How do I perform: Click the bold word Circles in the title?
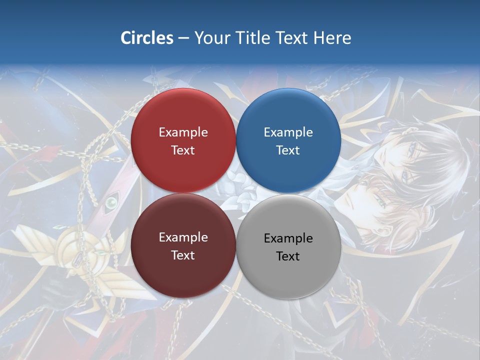(147, 38)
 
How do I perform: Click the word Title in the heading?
(248, 38)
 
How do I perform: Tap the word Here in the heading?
(332, 38)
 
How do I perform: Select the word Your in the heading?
(212, 38)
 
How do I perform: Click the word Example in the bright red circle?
(183, 132)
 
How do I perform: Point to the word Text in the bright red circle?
(183, 150)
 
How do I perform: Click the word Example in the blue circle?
(288, 132)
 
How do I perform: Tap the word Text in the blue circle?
(288, 150)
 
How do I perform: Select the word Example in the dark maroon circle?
(183, 237)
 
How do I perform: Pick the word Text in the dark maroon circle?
(183, 255)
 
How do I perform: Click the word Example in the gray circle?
(288, 238)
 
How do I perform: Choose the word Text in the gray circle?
(288, 256)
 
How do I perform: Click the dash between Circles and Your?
(183, 38)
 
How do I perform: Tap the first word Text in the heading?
(288, 38)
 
